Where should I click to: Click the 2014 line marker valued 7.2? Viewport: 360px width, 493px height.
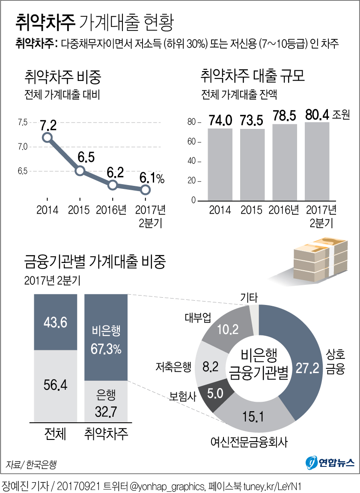pyautogui.click(x=47, y=137)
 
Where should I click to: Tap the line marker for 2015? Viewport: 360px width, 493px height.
pyautogui.click(x=80, y=171)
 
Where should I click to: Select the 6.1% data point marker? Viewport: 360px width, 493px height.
pyautogui.click(x=146, y=190)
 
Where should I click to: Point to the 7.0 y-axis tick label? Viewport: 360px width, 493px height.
pyautogui.click(x=22, y=147)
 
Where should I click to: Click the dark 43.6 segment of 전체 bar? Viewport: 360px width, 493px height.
pyautogui.click(x=56, y=322)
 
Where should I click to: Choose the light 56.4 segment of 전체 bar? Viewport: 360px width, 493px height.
pyautogui.click(x=56, y=385)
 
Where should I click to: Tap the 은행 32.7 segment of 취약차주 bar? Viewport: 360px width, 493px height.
pyautogui.click(x=106, y=401)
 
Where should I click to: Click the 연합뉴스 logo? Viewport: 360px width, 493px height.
pyautogui.click(x=330, y=462)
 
